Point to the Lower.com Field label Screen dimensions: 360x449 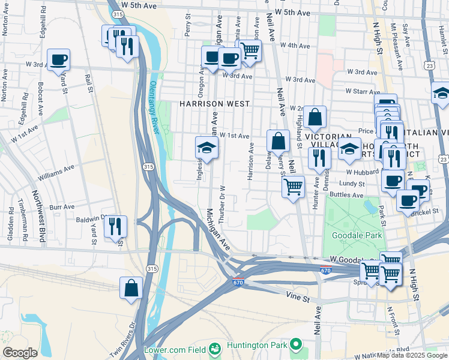[x=176, y=349]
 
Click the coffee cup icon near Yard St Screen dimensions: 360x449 [x=59, y=60]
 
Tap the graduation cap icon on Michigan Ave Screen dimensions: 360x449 [x=206, y=148]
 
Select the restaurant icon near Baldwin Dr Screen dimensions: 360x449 [x=115, y=227]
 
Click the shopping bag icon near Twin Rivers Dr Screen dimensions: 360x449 [x=131, y=288]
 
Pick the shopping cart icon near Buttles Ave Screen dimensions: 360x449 [x=293, y=187]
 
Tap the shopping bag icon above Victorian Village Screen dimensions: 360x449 [x=315, y=117]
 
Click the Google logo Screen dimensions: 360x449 [x=20, y=353]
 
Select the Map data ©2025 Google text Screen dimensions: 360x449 [x=411, y=355]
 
